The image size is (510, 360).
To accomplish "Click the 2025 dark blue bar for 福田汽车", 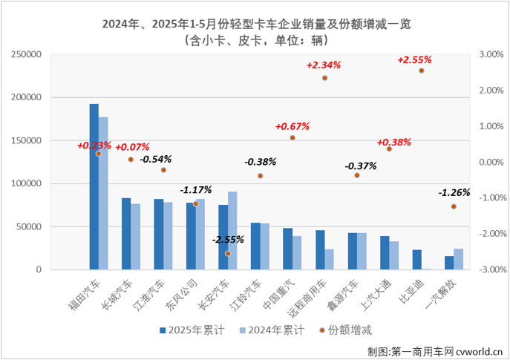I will point(94,186).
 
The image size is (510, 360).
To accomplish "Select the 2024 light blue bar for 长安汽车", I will point(232,230).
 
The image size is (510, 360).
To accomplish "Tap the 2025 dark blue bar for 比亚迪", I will point(417,260).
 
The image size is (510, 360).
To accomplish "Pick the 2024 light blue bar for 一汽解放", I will point(458,259).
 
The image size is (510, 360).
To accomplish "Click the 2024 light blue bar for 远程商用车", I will point(329,259).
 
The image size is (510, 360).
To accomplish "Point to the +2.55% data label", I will point(414,59).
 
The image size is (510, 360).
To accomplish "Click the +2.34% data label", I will point(323,65).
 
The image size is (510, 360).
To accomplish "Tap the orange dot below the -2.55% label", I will point(228,254).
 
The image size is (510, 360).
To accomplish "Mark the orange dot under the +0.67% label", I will point(292,138).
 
